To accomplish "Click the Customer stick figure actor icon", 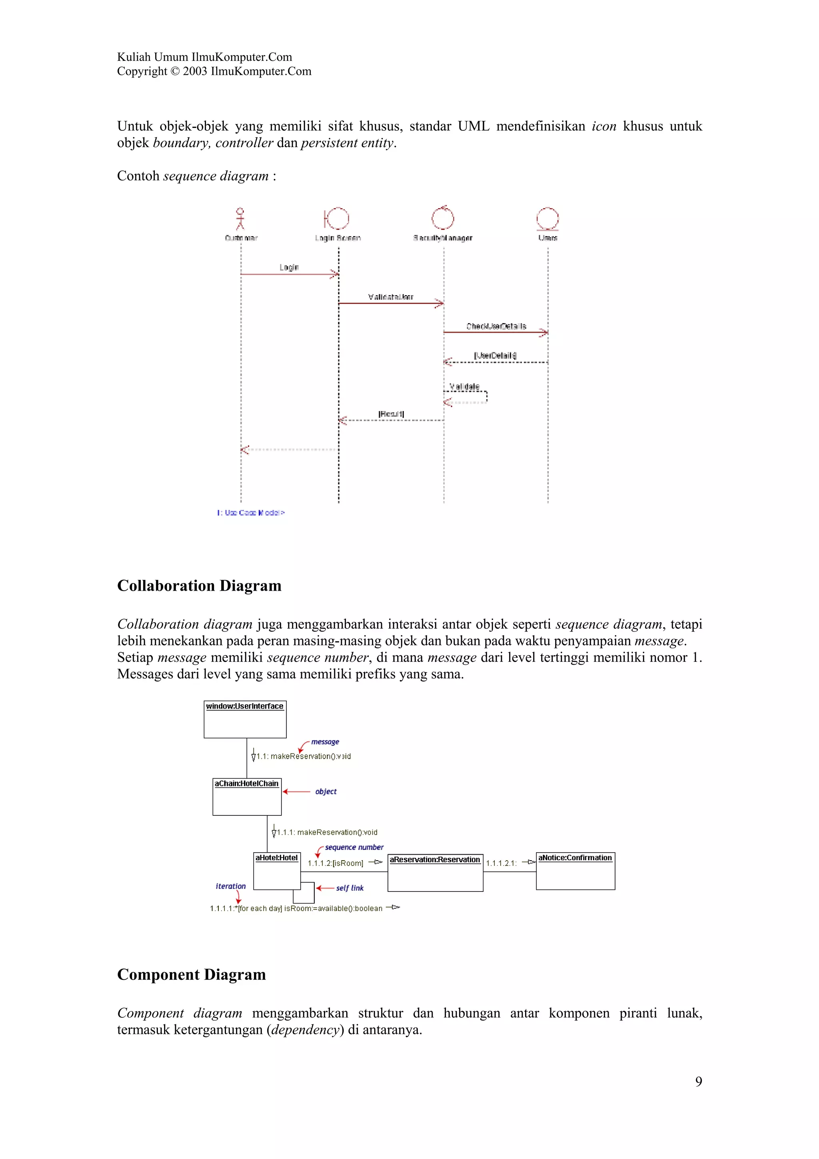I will (x=240, y=219).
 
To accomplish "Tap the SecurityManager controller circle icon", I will (x=443, y=218).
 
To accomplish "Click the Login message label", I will (x=289, y=267).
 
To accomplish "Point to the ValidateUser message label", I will (x=391, y=297).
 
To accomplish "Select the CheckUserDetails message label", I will (x=496, y=326).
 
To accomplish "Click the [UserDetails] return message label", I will (x=495, y=356).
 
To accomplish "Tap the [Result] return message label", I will (x=391, y=414).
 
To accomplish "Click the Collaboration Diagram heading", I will (x=199, y=585).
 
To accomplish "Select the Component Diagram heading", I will (x=191, y=974).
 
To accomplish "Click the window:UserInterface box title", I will (x=245, y=706).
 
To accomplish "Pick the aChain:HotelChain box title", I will (x=247, y=783).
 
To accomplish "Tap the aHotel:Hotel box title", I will (x=276, y=857).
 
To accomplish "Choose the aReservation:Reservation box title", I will (x=435, y=860).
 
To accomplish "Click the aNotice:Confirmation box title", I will (x=575, y=857).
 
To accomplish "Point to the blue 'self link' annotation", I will (x=350, y=888).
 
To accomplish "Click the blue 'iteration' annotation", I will (x=231, y=886).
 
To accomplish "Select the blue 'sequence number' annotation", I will (x=354, y=847).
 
